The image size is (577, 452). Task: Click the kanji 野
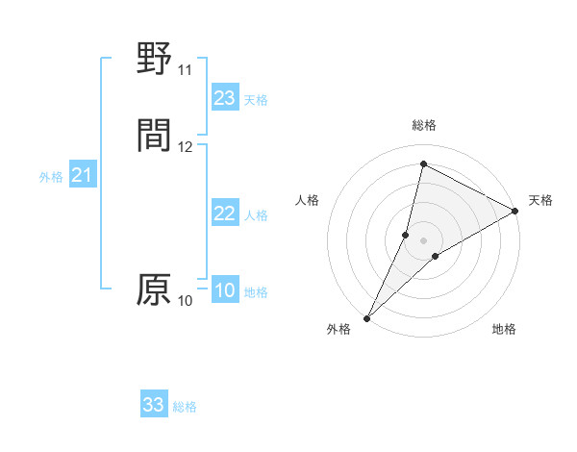coord(154,60)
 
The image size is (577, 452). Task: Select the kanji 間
coord(154,137)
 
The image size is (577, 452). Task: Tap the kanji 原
coord(154,289)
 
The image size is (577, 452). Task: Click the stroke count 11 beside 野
coord(185,70)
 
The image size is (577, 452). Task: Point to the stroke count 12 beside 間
coord(185,147)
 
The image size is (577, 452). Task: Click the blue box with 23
coord(225,98)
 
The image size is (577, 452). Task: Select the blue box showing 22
coord(225,213)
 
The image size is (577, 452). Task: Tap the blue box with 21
coord(82,175)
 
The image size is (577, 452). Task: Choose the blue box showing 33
coord(154,405)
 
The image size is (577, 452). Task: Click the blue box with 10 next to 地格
coord(225,290)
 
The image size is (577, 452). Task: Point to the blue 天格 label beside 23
coord(256,100)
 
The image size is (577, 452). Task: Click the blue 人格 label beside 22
coord(256,215)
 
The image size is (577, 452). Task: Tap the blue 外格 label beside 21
coord(51,177)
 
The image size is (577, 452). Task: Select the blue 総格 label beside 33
coord(185,407)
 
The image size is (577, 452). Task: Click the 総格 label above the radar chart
coord(424,126)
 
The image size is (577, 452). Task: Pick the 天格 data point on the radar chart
coord(515,212)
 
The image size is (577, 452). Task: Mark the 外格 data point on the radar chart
coord(366,317)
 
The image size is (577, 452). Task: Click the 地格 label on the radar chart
coord(504,330)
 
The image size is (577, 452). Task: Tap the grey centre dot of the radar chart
coord(424,240)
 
